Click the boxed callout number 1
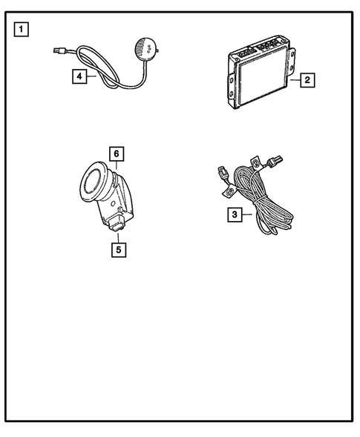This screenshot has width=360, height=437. coord(23,30)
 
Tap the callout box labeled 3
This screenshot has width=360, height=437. coord(235,215)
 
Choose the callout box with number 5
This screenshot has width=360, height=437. coord(118,249)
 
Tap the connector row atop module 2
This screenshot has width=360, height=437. coord(260,45)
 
